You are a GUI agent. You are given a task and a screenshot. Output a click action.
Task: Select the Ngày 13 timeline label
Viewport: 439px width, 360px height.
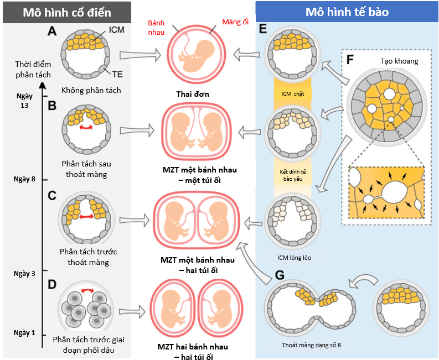25,100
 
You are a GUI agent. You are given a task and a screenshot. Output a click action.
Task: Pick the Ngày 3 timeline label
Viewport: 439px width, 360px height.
24,274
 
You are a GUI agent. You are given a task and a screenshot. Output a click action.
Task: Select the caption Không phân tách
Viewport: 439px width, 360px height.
91,90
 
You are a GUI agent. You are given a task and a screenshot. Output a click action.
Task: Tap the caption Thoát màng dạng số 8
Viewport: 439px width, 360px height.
308,345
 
